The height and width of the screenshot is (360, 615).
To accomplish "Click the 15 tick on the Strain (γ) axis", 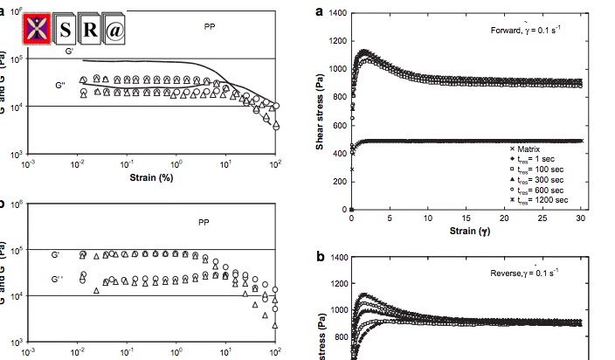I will click(x=466, y=218).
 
